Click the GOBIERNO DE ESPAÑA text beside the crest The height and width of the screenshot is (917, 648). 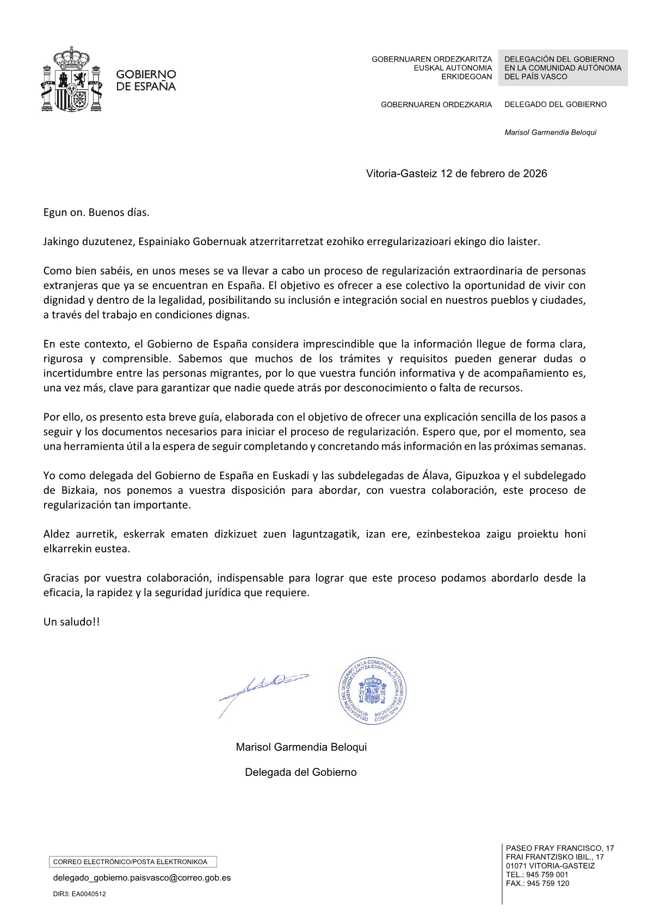click(146, 80)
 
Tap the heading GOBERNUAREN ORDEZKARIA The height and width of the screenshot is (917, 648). click(436, 105)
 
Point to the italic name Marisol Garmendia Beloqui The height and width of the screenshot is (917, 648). click(550, 132)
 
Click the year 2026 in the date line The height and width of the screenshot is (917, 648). click(535, 174)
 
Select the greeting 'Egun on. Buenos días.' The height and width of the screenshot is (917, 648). click(96, 212)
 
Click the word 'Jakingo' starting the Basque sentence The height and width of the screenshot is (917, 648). click(61, 242)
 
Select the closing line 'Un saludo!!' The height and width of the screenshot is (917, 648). click(71, 622)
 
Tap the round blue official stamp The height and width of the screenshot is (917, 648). click(373, 690)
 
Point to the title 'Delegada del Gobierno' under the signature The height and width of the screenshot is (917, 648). click(300, 772)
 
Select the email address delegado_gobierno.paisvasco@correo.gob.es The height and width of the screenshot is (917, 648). click(141, 878)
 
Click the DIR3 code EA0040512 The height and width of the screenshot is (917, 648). click(89, 894)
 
